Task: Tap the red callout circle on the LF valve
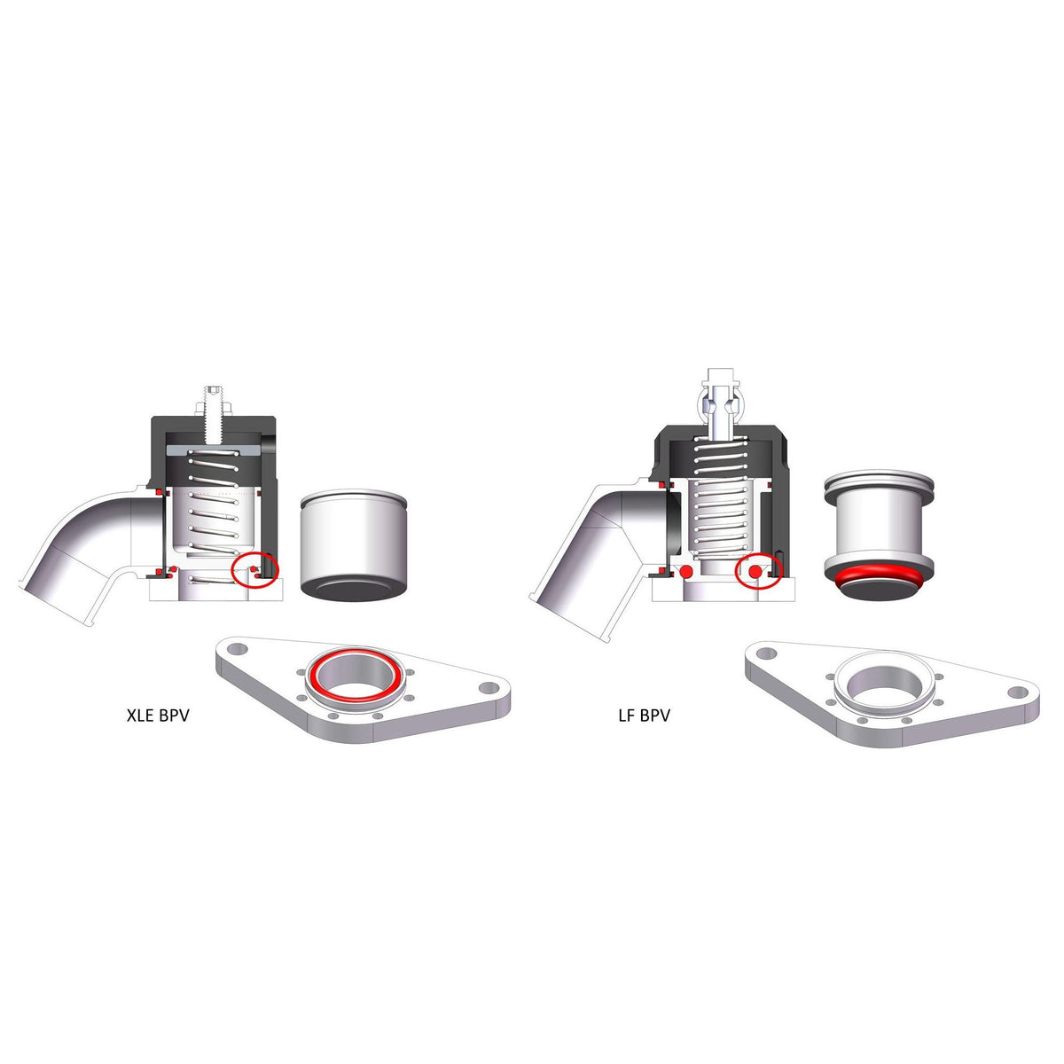(759, 573)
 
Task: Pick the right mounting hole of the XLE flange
(488, 688)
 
